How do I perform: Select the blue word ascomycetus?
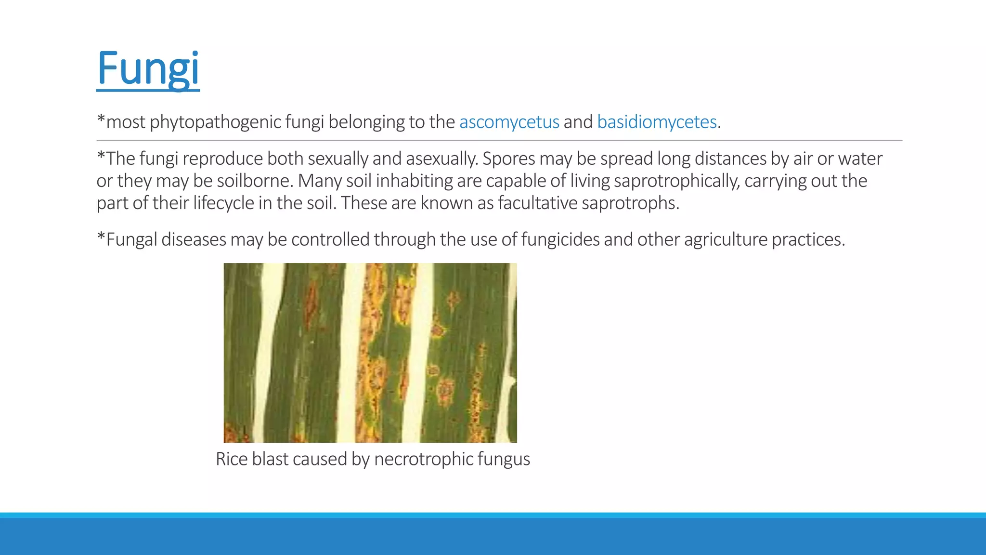pos(509,122)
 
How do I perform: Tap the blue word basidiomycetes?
pos(657,122)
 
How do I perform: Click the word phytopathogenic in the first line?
pos(215,122)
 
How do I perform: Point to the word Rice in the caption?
pos(232,459)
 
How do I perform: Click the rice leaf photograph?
pos(370,353)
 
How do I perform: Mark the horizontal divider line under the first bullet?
pos(499,141)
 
